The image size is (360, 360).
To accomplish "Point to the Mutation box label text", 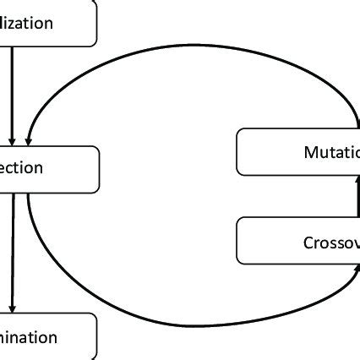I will click(x=331, y=153).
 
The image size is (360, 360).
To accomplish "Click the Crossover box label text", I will click(x=330, y=243).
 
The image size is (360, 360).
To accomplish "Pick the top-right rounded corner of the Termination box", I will click(x=94, y=318).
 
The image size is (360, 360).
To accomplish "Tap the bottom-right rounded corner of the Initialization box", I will click(x=93, y=41).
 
